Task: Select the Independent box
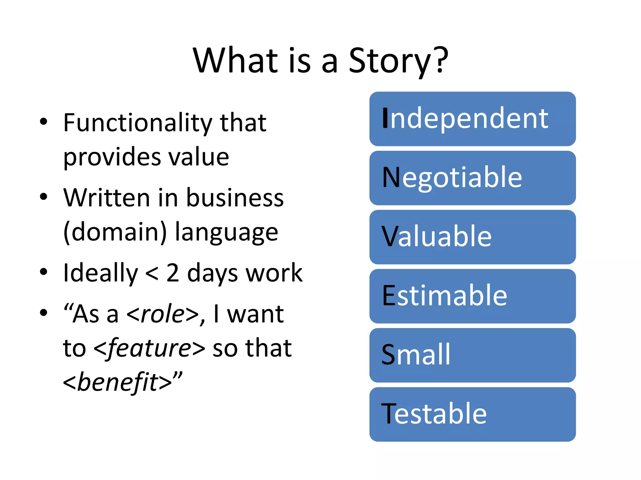(472, 119)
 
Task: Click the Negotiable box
(472, 178)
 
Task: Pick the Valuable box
(472, 237)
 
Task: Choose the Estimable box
(472, 296)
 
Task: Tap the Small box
(472, 355)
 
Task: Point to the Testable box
(472, 414)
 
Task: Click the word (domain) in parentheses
(115, 232)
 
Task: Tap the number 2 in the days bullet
(172, 273)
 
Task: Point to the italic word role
(162, 314)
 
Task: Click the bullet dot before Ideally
(44, 272)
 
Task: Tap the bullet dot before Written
(44, 197)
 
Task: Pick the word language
(226, 232)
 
